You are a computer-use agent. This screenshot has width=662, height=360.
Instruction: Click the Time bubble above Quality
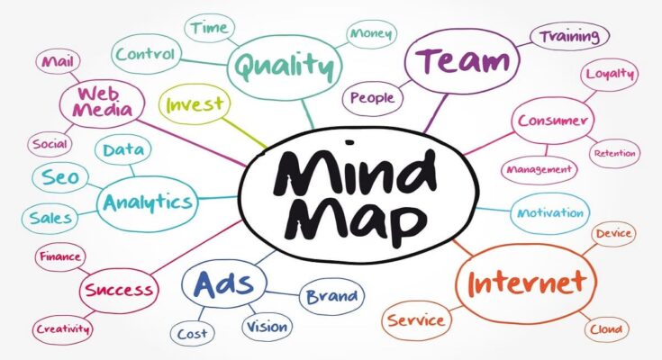pyautogui.click(x=209, y=28)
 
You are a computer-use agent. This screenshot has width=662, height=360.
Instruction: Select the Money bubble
pyautogui.click(x=371, y=34)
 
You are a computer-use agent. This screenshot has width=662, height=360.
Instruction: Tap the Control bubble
pyautogui.click(x=146, y=54)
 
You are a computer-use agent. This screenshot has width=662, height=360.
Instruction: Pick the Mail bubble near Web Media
pyautogui.click(x=58, y=61)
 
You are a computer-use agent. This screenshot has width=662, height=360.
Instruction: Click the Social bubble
pyautogui.click(x=50, y=144)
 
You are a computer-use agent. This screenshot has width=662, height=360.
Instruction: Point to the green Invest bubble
pyautogui.click(x=195, y=103)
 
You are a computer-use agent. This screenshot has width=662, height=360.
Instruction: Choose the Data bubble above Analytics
pyautogui.click(x=122, y=149)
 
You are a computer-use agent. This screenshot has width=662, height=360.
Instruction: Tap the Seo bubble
pyautogui.click(x=60, y=177)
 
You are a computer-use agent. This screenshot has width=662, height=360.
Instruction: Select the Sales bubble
pyautogui.click(x=50, y=218)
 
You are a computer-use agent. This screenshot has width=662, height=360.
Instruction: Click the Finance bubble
pyautogui.click(x=60, y=256)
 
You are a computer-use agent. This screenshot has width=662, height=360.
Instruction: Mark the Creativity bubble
pyautogui.click(x=63, y=328)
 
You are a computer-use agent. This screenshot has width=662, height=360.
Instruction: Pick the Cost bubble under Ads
pyautogui.click(x=192, y=334)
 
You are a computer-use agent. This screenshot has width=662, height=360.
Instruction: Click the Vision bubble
pyautogui.click(x=267, y=326)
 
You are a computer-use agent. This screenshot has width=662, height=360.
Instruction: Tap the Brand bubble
pyautogui.click(x=331, y=296)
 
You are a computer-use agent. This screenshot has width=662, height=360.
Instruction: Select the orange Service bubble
pyautogui.click(x=416, y=320)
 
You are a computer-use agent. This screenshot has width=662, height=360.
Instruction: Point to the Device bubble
pyautogui.click(x=613, y=233)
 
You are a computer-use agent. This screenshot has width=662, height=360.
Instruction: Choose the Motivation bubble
pyautogui.click(x=550, y=213)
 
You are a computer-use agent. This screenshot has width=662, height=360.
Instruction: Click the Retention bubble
pyautogui.click(x=614, y=153)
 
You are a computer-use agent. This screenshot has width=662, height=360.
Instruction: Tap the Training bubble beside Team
pyautogui.click(x=569, y=36)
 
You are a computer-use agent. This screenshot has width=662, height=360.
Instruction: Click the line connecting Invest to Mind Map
pyautogui.click(x=245, y=133)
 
